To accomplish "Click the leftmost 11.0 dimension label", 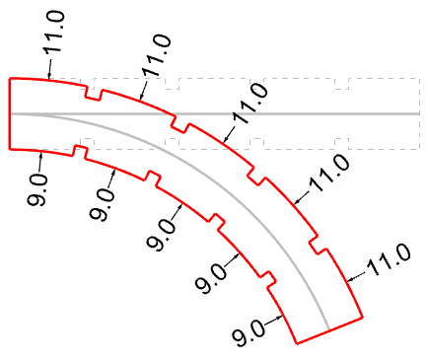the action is pos(54,32).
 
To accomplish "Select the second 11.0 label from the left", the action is pos(157,55).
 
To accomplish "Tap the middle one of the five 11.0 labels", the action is pos(250,104).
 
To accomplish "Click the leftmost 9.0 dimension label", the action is pos(37,190).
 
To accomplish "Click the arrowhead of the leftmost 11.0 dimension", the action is pos(49,77).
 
